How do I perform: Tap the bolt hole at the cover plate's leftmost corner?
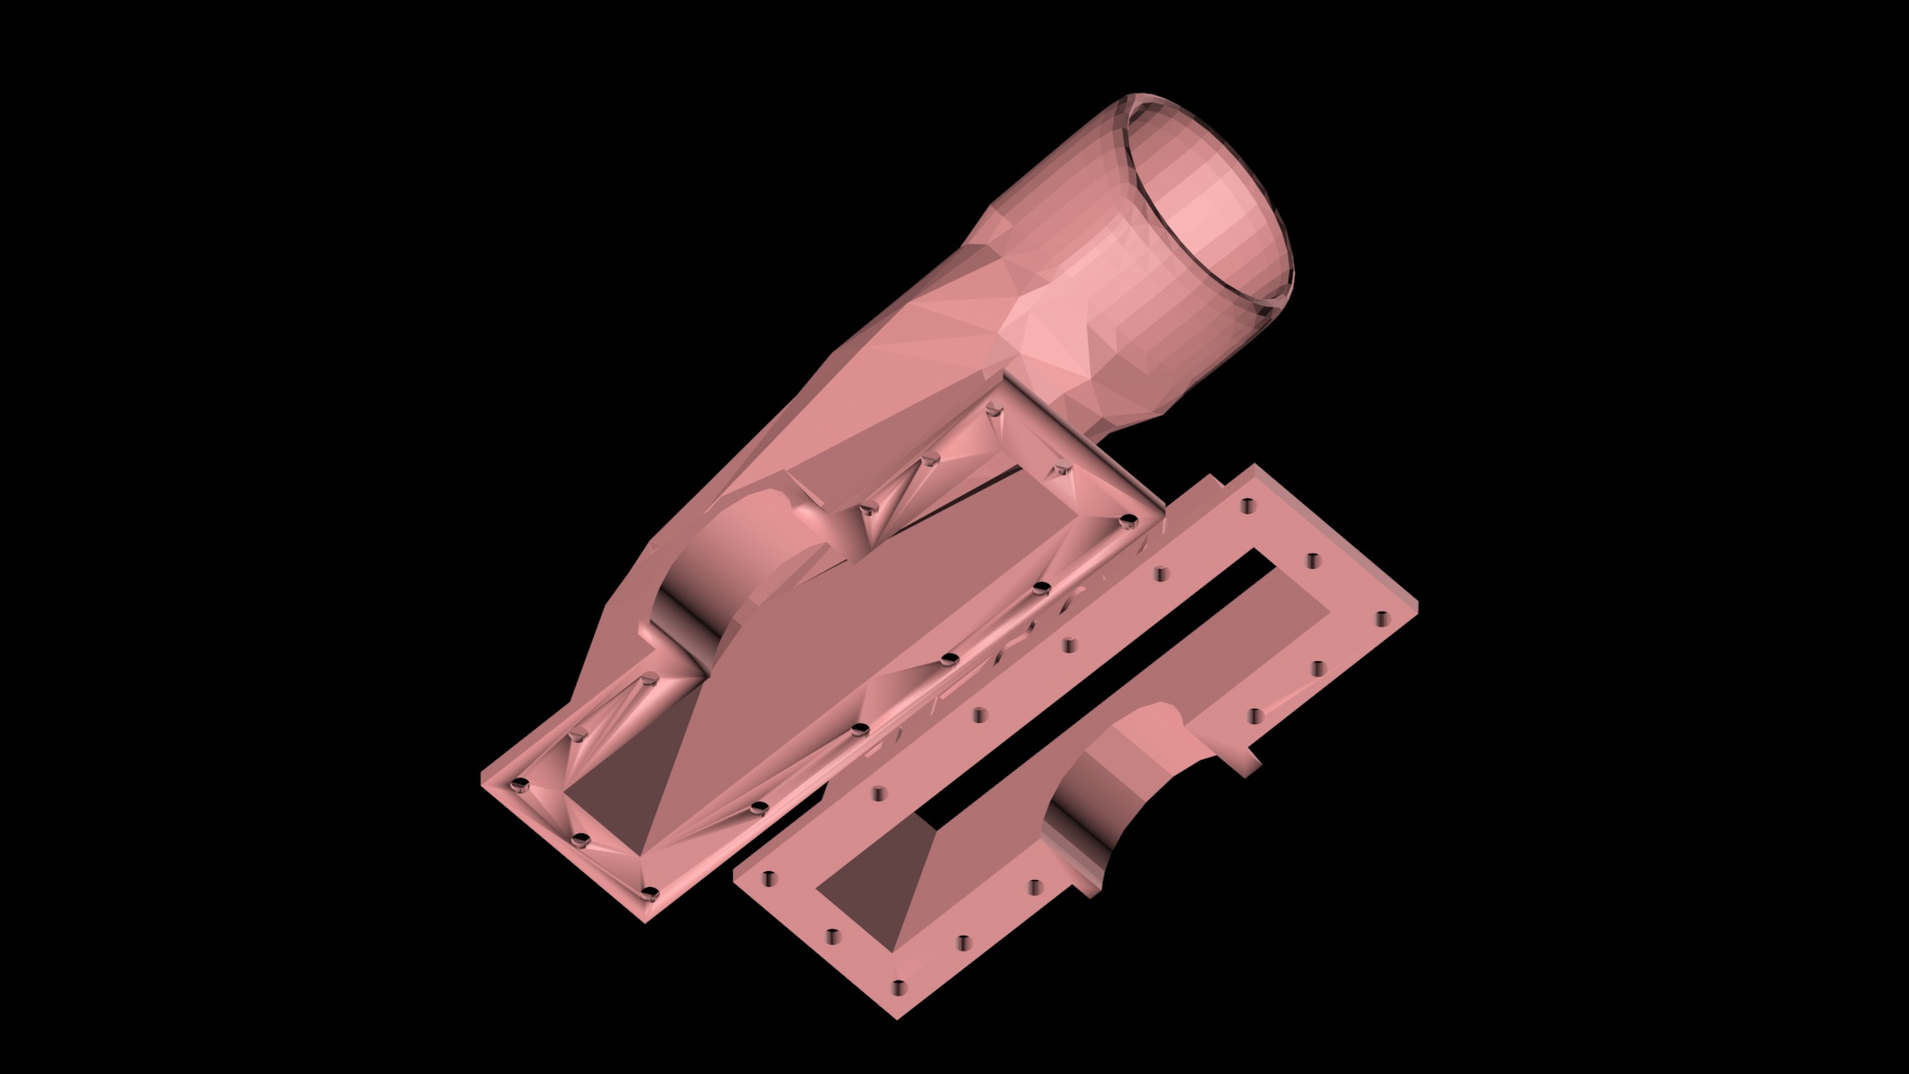coord(769,879)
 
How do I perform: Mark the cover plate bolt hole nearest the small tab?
coord(1255,715)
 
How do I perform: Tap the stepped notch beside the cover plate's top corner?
coord(1208,486)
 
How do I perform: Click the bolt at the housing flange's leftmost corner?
coord(518,788)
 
